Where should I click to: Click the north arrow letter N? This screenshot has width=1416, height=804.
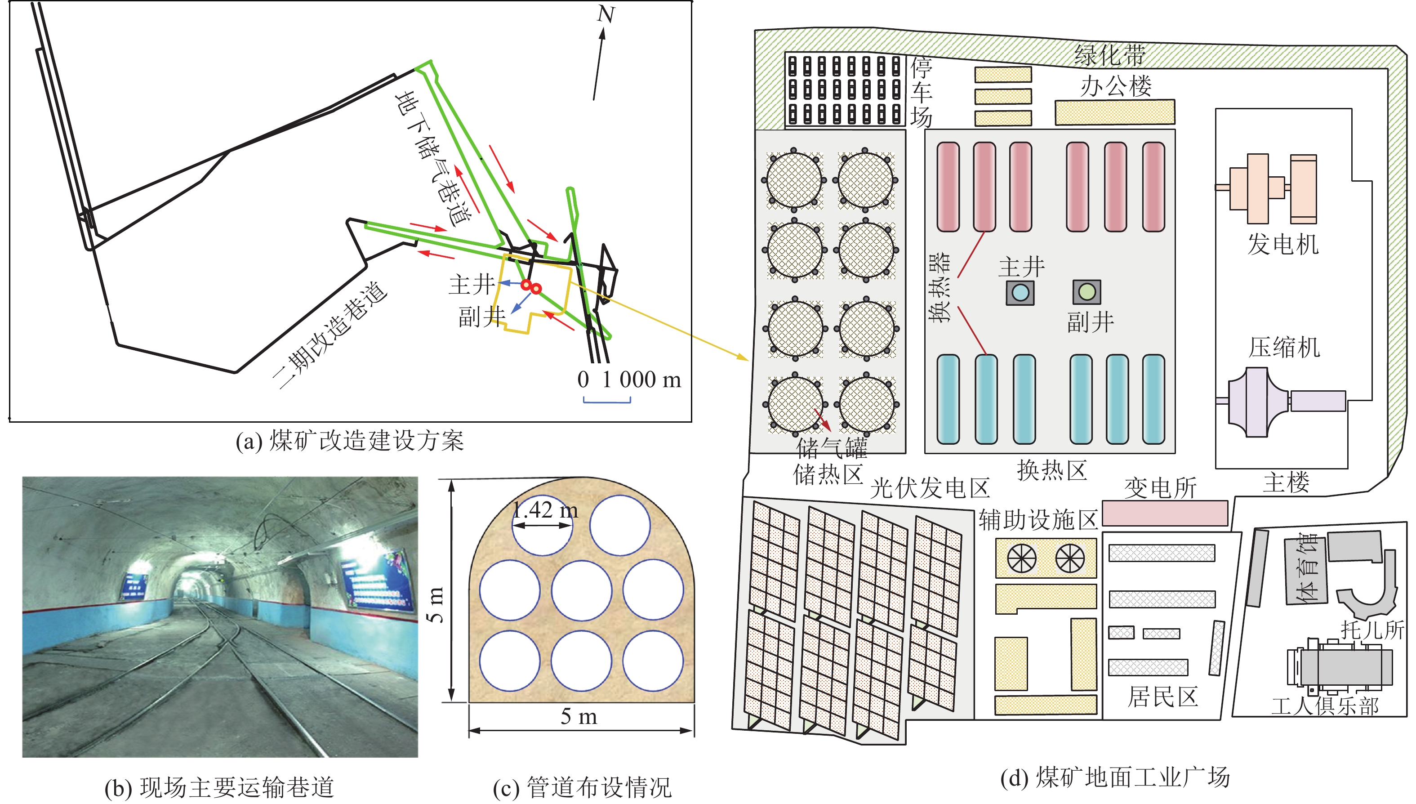coord(606,14)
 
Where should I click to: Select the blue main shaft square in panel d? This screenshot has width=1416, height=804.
coord(1020,292)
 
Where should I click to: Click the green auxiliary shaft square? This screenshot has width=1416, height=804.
coord(1086,291)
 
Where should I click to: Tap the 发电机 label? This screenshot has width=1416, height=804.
coord(1282,244)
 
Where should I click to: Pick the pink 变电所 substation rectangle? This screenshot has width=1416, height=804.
coord(1165,513)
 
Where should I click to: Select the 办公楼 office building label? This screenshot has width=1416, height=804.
coord(1116,85)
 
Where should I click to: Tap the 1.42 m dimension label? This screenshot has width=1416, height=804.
coord(545,509)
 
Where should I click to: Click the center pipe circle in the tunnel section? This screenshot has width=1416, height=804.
coord(581,590)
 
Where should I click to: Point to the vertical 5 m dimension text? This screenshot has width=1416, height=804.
coord(436,605)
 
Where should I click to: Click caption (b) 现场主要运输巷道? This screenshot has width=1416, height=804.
coord(220,787)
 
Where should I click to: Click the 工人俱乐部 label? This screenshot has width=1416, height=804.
coord(1325,706)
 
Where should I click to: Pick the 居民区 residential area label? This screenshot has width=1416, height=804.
coord(1162,697)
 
